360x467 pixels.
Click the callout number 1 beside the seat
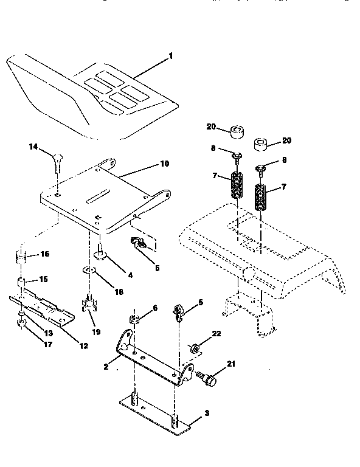tap(171, 56)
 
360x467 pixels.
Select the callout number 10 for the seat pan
tap(164, 164)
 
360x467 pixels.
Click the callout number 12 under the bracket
tap(83, 346)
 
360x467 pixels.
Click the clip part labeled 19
tap(89, 302)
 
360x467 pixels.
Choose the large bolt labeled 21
tap(208, 379)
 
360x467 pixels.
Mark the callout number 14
tap(33, 147)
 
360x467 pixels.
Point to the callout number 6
tap(155, 309)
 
